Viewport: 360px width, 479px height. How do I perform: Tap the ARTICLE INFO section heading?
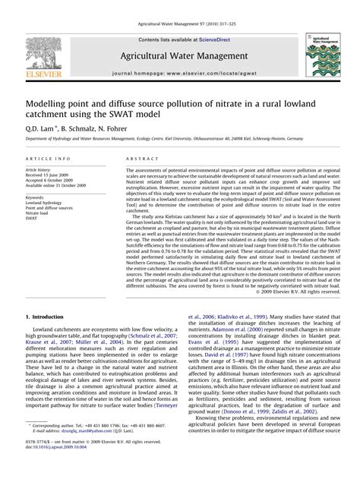coord(49,158)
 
